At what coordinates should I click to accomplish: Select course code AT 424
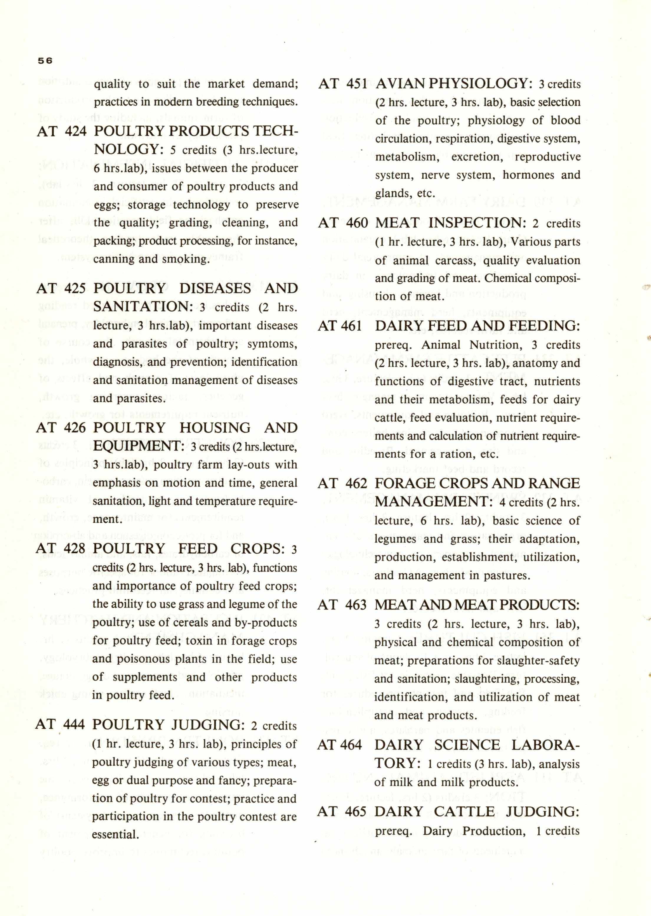62,131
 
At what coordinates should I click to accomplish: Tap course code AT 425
61,288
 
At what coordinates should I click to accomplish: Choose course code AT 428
60,548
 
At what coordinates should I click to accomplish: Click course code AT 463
342,605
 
